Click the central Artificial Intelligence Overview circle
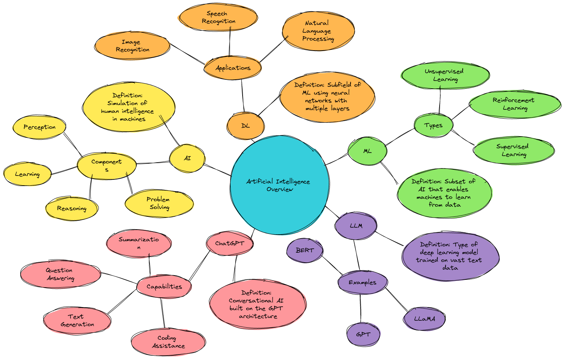tap(280, 185)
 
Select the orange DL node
tap(245, 126)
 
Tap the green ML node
tap(367, 151)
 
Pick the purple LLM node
tap(356, 226)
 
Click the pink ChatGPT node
tap(230, 243)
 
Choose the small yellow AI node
tap(187, 158)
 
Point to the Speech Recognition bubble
tap(218, 18)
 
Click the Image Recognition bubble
tap(132, 46)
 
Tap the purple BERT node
tap(305, 250)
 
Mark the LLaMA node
tap(424, 319)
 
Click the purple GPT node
tap(363, 335)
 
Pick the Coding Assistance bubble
tap(168, 342)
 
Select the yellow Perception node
tap(39, 127)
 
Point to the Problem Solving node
tap(159, 203)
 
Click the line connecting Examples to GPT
tap(361, 309)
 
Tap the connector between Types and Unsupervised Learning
tap(440, 100)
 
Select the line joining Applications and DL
tap(243, 96)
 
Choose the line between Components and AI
tap(153, 163)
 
